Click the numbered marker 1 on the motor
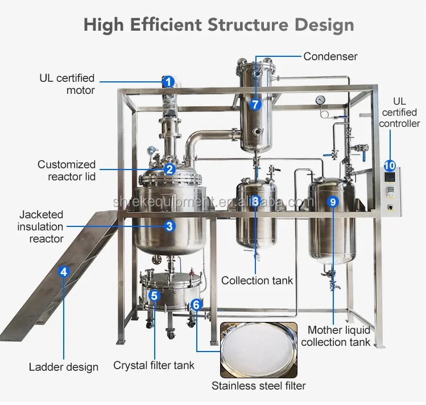pyautogui.click(x=168, y=81)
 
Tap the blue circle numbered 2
pyautogui.click(x=169, y=170)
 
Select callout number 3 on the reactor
pyautogui.click(x=169, y=226)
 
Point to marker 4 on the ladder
pyautogui.click(x=64, y=271)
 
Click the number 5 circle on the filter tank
pyautogui.click(x=154, y=295)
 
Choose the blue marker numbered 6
pyautogui.click(x=196, y=304)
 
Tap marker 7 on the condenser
pyautogui.click(x=255, y=104)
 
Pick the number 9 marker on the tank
pyautogui.click(x=333, y=201)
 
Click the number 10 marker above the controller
pyautogui.click(x=390, y=166)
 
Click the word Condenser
pyautogui.click(x=330, y=56)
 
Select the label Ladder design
pyautogui.click(x=64, y=367)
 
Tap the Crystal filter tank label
pyautogui.click(x=154, y=365)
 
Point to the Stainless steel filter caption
pyautogui.click(x=259, y=386)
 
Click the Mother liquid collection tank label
pyautogui.click(x=336, y=336)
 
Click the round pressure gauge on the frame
pyautogui.click(x=321, y=100)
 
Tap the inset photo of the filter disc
pyautogui.click(x=259, y=350)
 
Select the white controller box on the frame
pyautogui.click(x=391, y=192)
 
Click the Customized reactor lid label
pyautogui.click(x=67, y=171)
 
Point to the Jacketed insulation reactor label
pyautogui.click(x=40, y=226)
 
